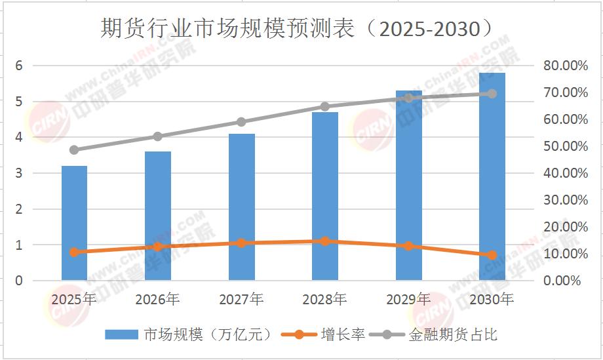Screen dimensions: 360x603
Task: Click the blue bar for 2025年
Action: (74, 223)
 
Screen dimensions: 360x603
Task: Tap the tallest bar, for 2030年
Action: (492, 177)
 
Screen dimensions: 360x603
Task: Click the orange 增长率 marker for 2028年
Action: (325, 241)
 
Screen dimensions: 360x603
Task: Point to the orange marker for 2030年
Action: (492, 255)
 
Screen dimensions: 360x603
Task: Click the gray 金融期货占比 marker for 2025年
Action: (74, 150)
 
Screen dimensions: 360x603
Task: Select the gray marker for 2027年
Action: (241, 122)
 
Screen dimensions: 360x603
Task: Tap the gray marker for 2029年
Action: (409, 98)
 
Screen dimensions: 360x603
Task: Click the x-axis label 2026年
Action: (157, 300)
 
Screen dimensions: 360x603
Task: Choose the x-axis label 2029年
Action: (408, 300)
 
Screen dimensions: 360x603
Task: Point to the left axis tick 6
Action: (20, 66)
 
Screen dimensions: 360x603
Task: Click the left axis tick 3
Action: (20, 173)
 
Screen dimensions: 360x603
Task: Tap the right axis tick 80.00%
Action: (561, 66)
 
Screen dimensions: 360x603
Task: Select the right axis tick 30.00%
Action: (561, 200)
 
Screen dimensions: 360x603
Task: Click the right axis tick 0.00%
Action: (564, 281)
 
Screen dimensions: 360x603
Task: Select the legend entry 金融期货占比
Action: (452, 335)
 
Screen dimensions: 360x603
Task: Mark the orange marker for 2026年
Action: (157, 247)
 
